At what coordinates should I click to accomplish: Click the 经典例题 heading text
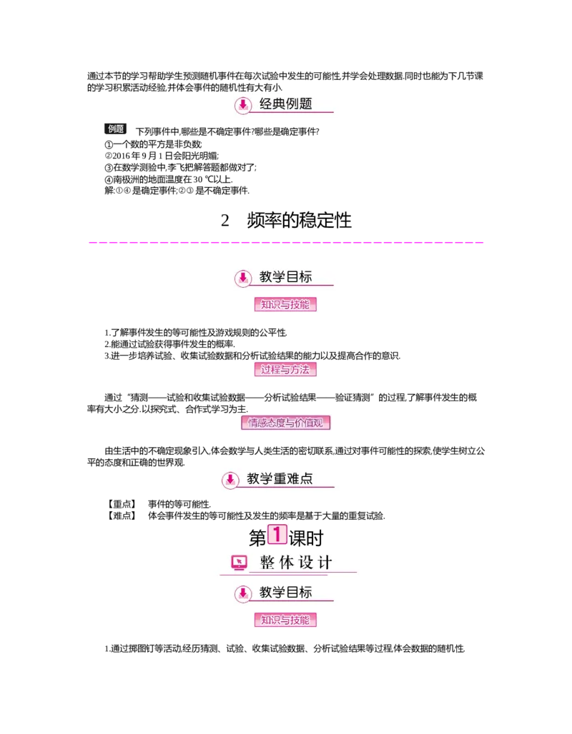(286, 104)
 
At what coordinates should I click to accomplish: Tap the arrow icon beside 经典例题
(243, 105)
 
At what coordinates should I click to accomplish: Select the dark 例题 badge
(117, 129)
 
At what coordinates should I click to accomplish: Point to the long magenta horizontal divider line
(286, 243)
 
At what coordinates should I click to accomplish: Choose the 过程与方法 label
(285, 370)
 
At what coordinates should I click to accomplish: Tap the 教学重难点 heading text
(280, 478)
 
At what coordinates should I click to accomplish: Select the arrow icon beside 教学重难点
(230, 479)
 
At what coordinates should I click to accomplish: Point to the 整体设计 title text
(295, 563)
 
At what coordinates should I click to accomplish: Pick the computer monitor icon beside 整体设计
(239, 563)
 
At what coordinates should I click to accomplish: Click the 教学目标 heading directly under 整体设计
(286, 593)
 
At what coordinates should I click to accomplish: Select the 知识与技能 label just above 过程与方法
(285, 305)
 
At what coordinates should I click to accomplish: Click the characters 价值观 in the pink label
(312, 423)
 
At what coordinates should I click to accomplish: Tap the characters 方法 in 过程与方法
(301, 370)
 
